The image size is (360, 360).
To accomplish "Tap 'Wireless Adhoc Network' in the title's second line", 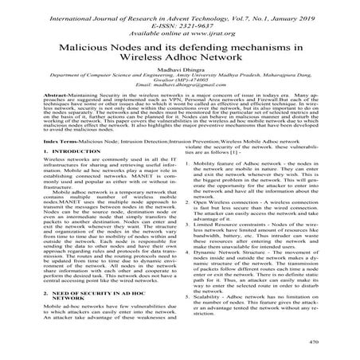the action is click(x=180, y=61).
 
